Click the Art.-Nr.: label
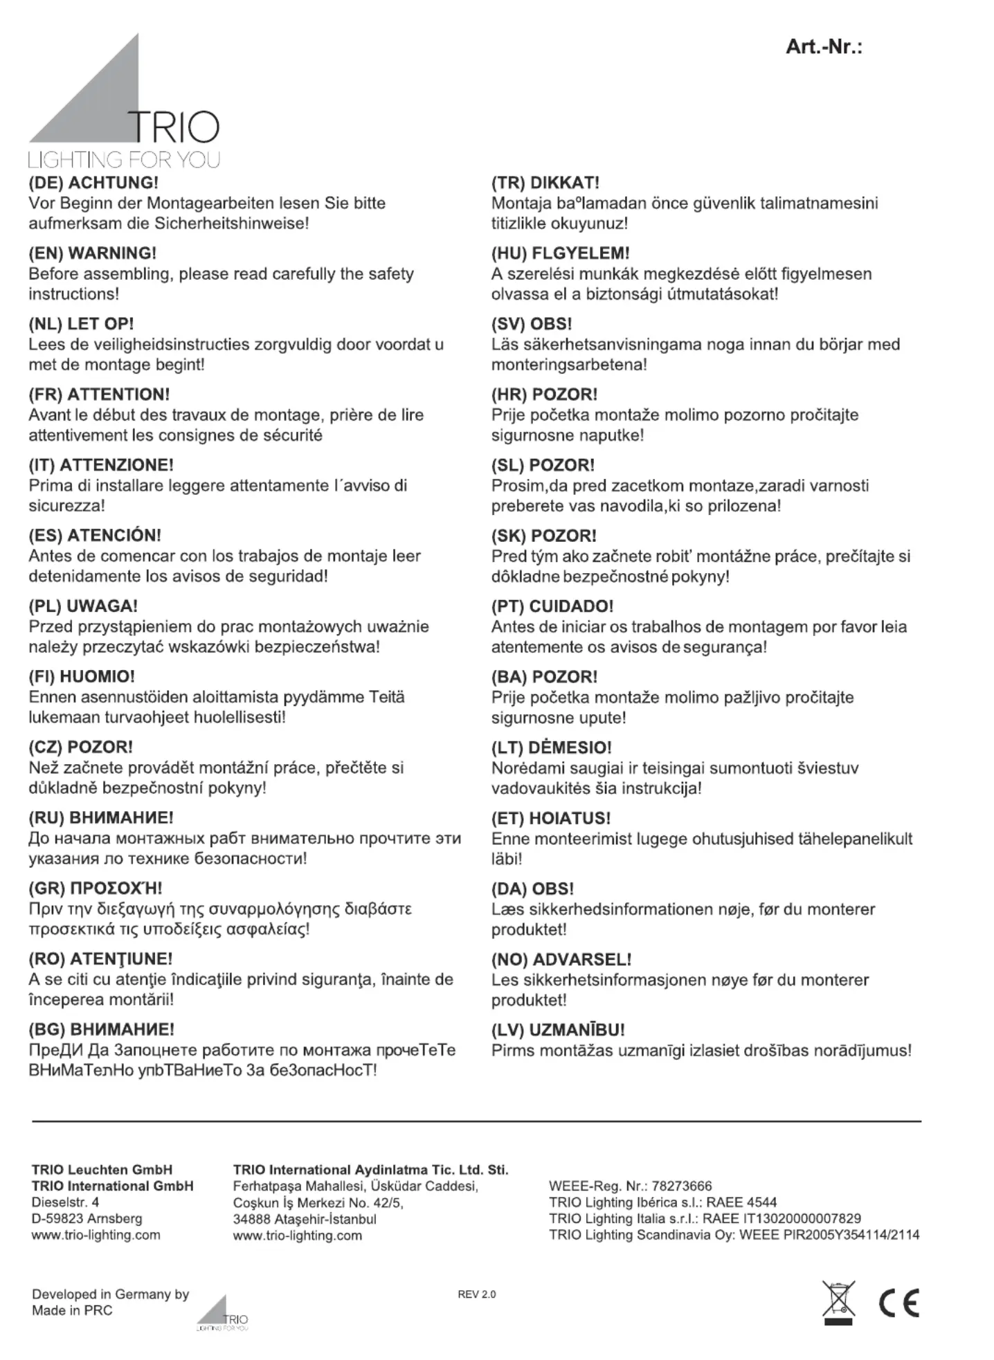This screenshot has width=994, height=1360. pyautogui.click(x=824, y=47)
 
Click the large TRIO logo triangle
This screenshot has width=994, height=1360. pyautogui.click(x=104, y=104)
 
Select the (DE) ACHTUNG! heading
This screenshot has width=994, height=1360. pyautogui.click(x=93, y=183)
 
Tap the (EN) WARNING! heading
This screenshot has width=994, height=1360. pyautogui.click(x=93, y=253)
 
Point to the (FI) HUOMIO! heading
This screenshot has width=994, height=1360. pyautogui.click(x=82, y=676)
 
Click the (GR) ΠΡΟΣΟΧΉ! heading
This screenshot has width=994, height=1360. pyautogui.click(x=96, y=888)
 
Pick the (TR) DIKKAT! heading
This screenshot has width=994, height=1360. pyautogui.click(x=545, y=183)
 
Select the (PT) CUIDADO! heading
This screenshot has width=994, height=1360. pyautogui.click(x=552, y=606)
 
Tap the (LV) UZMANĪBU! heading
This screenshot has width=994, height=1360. pyautogui.click(x=558, y=1029)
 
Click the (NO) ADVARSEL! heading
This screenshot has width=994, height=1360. pyautogui.click(x=561, y=959)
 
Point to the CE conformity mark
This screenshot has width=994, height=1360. pyautogui.click(x=898, y=1303)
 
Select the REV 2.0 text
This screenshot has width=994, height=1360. pyautogui.click(x=477, y=1294)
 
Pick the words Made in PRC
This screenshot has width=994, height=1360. pyautogui.click(x=72, y=1310)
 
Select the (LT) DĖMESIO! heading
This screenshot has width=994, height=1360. pyautogui.click(x=552, y=747)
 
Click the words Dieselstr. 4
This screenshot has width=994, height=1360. pyautogui.click(x=65, y=1202)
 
